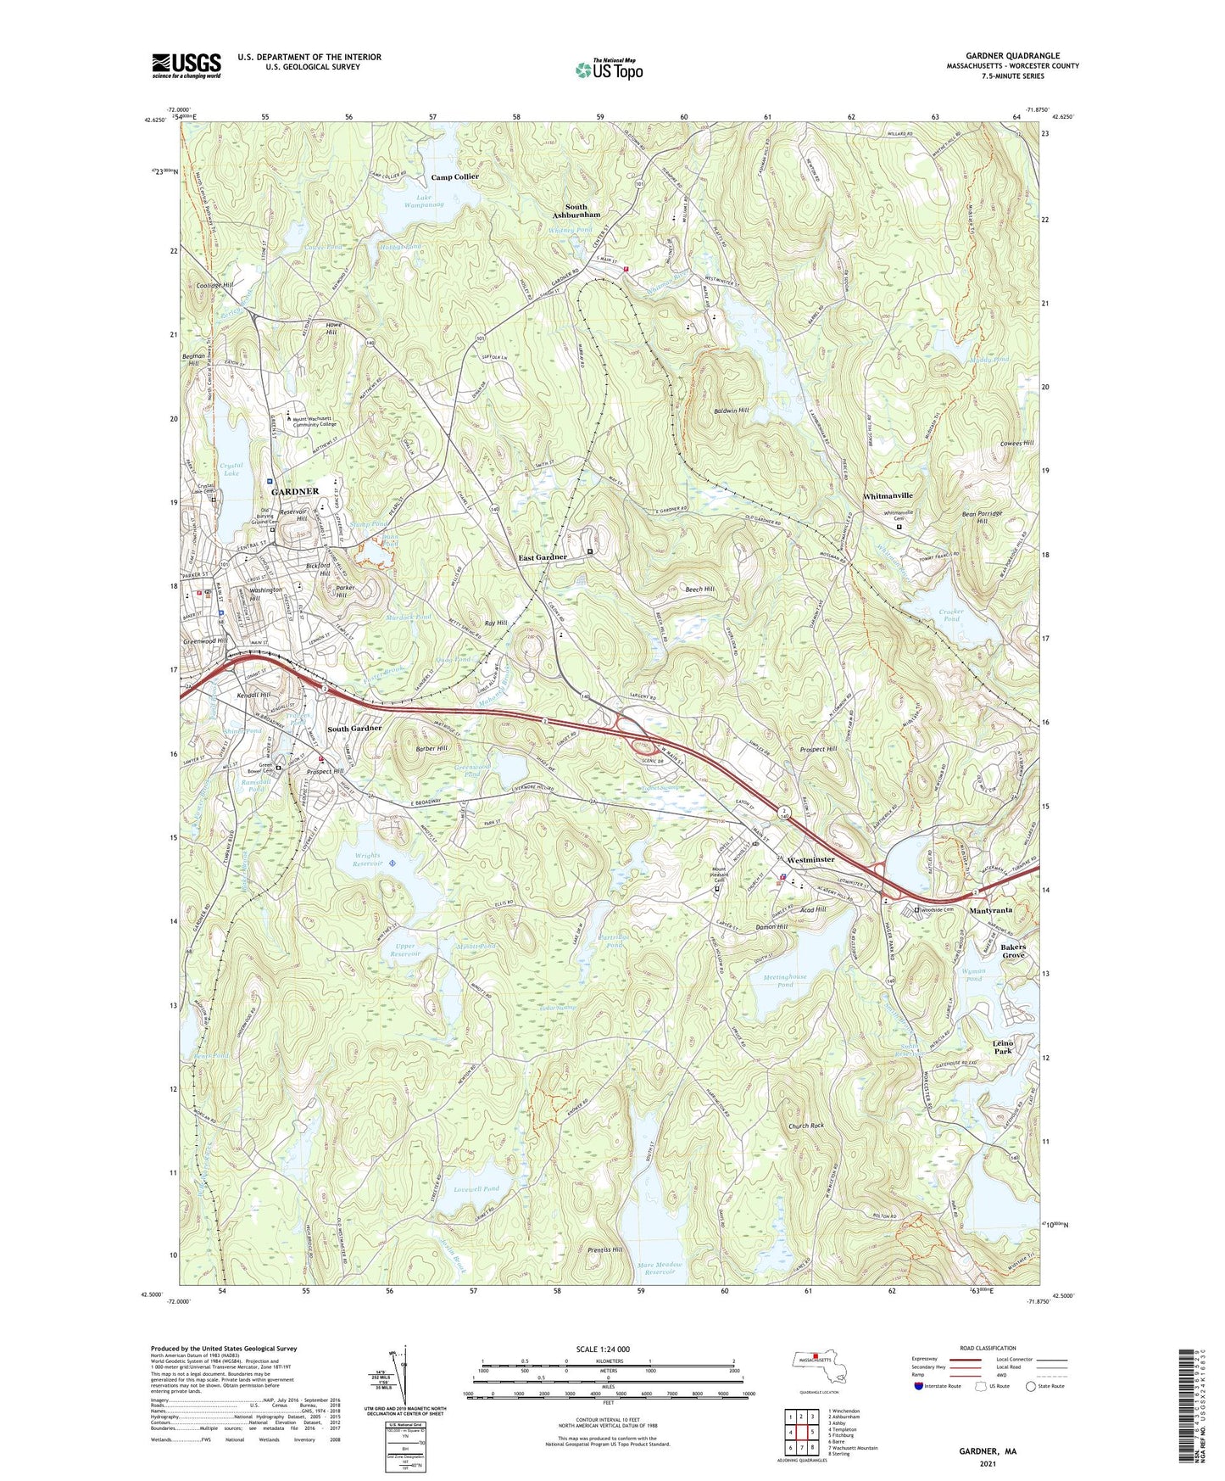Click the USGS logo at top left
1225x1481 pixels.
(186, 65)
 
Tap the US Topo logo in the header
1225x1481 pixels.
(609, 70)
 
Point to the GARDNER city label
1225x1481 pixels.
(294, 492)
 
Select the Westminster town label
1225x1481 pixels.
(810, 860)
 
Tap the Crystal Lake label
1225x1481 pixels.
(231, 470)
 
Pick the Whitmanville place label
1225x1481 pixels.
(888, 495)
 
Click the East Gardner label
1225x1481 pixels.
(543, 557)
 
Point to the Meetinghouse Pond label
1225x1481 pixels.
(784, 981)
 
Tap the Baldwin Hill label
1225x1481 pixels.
(731, 411)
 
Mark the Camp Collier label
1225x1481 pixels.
(454, 177)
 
